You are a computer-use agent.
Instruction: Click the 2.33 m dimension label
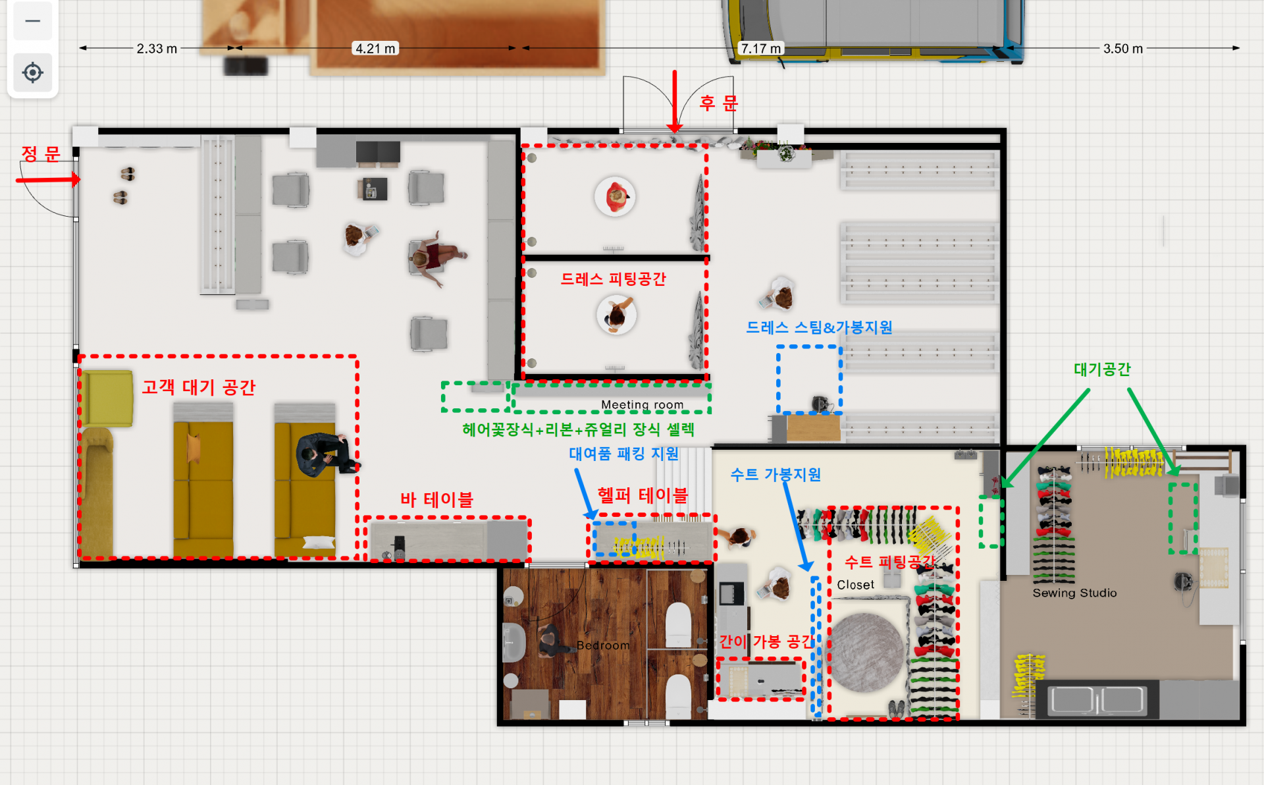point(157,49)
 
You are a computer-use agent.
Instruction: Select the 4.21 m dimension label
point(376,49)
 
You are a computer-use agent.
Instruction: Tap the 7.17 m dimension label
point(761,49)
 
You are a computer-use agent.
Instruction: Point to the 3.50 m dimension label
point(1123,49)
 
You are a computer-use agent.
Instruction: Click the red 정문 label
point(41,154)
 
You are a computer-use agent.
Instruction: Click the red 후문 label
point(719,103)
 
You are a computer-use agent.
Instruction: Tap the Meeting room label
point(642,404)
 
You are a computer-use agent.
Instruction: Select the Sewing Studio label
point(1074,593)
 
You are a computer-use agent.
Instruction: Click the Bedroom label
point(603,645)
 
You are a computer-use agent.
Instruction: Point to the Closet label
point(855,585)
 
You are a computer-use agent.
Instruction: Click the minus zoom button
point(32,21)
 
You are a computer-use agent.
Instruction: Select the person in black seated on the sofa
point(325,454)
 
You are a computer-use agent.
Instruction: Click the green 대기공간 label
point(1102,369)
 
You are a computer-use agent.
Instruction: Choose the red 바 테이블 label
point(436,500)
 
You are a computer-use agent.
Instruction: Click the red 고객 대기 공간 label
point(199,387)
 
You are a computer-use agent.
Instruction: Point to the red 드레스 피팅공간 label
point(613,279)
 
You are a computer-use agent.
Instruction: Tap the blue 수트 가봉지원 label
point(776,475)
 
